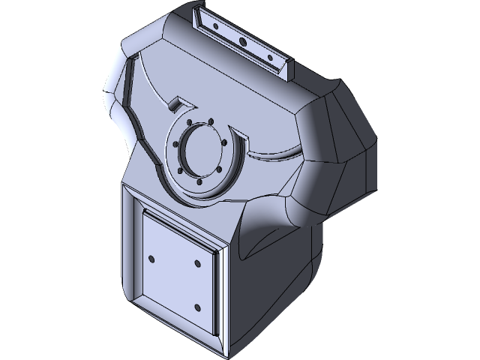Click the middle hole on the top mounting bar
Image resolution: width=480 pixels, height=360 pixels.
tap(241, 41)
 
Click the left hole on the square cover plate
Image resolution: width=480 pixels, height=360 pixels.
tap(152, 259)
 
